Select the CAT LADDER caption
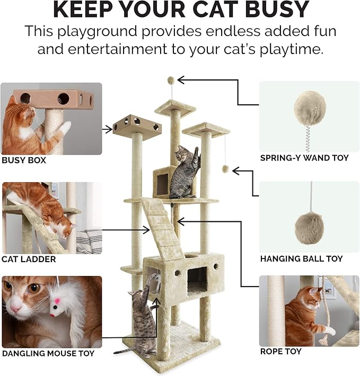[29, 259]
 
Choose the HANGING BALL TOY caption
[301, 258]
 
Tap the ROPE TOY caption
[282, 351]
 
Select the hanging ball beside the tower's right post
[225, 169]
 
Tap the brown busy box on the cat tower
[137, 124]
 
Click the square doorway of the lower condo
[197, 279]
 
